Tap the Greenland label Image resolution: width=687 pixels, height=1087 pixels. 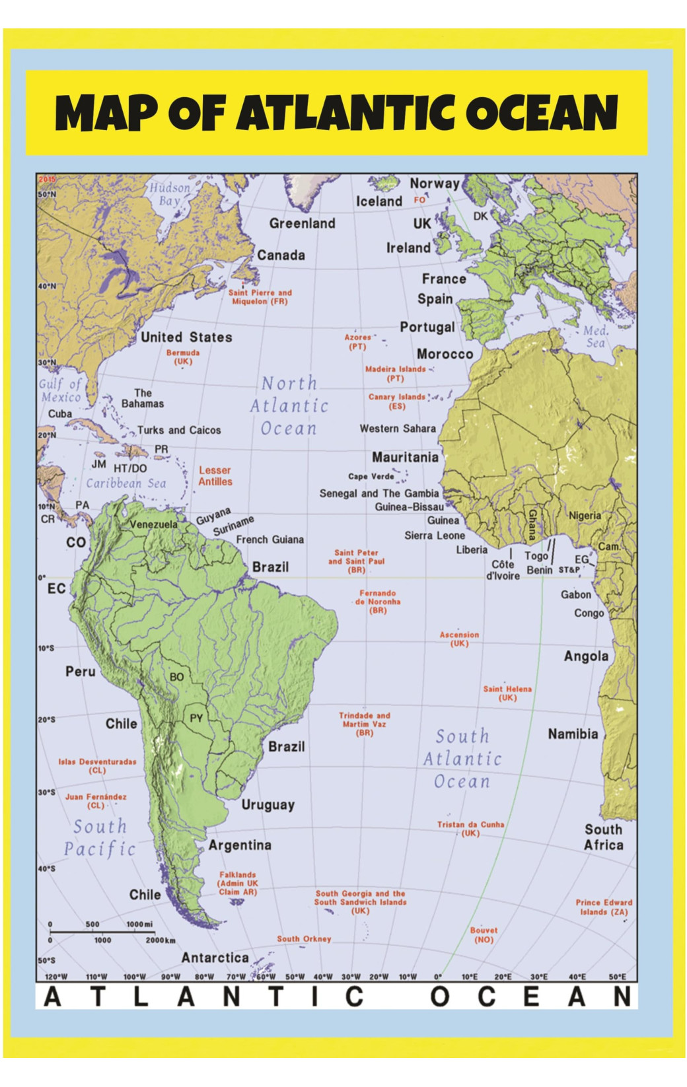[302, 223]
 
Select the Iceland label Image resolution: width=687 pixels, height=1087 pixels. [379, 201]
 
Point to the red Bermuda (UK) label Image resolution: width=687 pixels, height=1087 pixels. [183, 357]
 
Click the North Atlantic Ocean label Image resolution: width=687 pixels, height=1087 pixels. [289, 405]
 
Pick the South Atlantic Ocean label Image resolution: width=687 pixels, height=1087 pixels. [462, 759]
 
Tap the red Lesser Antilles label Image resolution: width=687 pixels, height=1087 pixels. [215, 476]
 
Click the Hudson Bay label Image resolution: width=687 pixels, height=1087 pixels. [170, 194]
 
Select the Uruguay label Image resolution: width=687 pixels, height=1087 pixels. [268, 804]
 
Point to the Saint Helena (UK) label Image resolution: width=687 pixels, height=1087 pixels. [507, 693]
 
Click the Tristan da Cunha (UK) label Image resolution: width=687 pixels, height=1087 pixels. [470, 829]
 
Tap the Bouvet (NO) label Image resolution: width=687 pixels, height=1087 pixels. [484, 934]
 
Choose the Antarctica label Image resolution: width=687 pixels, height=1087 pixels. [215, 958]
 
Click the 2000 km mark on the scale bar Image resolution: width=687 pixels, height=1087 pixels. [161, 940]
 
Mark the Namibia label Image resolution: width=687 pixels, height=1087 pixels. [573, 734]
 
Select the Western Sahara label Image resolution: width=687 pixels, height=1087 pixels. [398, 429]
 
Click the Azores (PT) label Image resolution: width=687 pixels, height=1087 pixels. [357, 341]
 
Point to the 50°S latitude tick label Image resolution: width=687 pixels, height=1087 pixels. [46, 960]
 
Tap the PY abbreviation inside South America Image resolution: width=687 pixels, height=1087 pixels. [196, 719]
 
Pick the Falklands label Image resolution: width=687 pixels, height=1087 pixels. [238, 883]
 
